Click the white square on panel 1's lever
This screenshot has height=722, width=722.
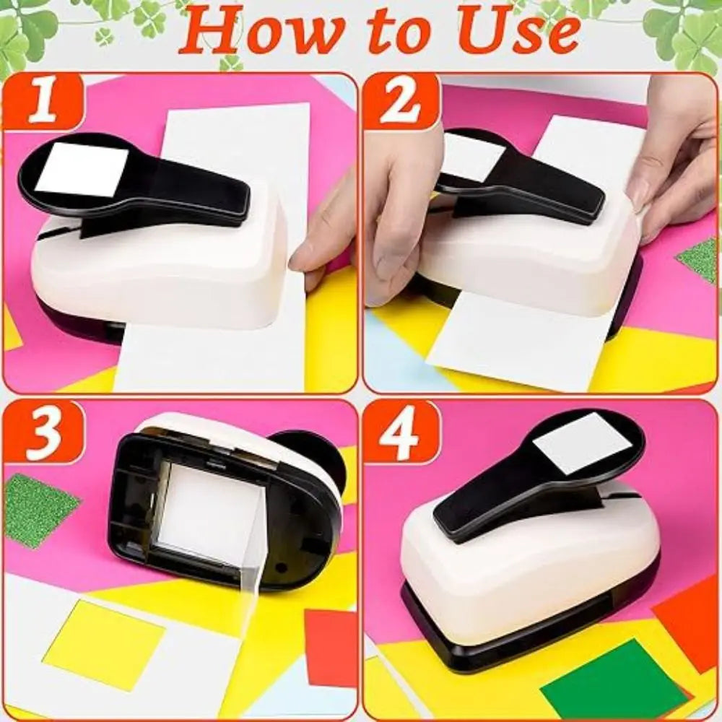point(80,169)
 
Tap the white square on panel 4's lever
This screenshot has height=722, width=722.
point(583,442)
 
